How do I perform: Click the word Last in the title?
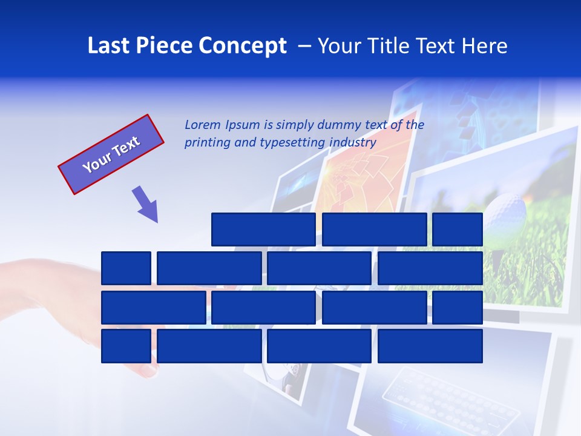click(x=110, y=46)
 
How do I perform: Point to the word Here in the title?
click(x=484, y=46)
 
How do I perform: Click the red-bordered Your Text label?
click(x=111, y=154)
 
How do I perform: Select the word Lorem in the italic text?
click(x=203, y=125)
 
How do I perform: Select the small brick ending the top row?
click(x=458, y=230)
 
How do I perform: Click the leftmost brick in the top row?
click(x=263, y=230)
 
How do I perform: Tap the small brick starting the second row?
click(x=126, y=268)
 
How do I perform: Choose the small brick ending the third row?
click(x=458, y=308)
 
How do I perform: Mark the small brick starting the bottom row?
click(x=126, y=346)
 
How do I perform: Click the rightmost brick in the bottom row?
click(x=430, y=346)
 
